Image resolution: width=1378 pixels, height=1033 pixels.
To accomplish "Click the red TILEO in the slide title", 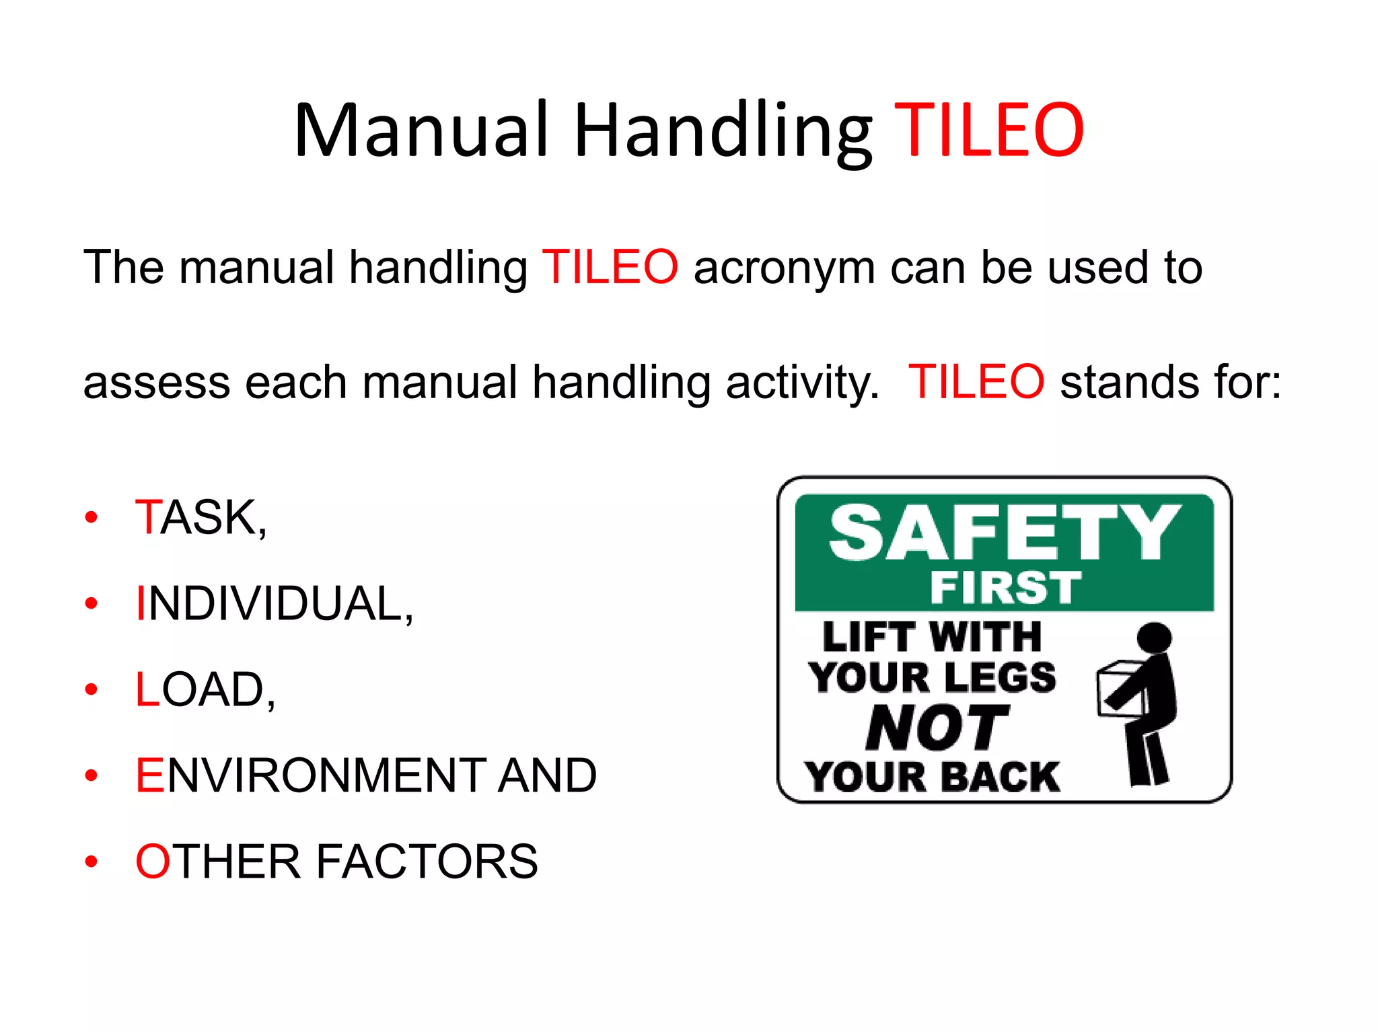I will [x=988, y=130].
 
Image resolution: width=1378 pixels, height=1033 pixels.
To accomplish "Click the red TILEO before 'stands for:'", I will [x=976, y=382].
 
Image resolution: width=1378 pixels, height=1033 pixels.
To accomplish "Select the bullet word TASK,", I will [x=201, y=518].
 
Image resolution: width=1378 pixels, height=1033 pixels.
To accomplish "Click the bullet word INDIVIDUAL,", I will [x=274, y=604].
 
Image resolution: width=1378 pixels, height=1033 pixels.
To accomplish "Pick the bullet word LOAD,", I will [x=205, y=690].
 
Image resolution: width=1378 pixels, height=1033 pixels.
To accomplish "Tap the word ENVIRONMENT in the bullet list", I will [x=310, y=775].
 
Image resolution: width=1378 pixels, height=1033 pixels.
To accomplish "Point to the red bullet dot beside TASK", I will [x=92, y=518].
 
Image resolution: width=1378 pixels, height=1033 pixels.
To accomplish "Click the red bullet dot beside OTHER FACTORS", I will [x=92, y=862].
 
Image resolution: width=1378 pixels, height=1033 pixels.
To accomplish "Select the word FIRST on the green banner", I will [x=1005, y=587].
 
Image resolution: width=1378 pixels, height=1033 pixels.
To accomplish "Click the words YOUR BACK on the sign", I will [x=933, y=777].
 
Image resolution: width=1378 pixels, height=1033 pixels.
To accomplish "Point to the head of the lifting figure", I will [x=1153, y=638].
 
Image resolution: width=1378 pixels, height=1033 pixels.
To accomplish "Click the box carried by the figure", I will [x=1118, y=689].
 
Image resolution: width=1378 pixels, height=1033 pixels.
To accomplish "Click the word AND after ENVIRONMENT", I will [x=546, y=775].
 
